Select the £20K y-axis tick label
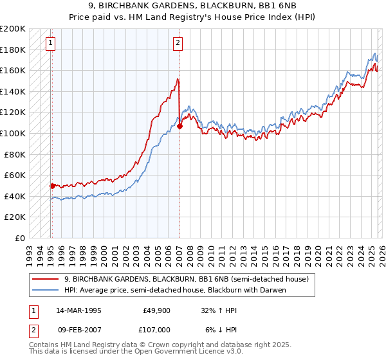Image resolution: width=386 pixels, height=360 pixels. tap(15, 217)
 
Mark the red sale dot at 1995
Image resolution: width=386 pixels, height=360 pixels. tap(52, 186)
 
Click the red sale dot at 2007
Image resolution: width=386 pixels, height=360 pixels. tap(179, 126)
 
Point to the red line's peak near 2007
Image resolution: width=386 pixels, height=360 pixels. tap(178, 79)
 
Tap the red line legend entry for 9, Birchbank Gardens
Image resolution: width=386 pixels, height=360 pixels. tap(187, 279)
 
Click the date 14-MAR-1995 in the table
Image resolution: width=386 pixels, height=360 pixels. tap(78, 309)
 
